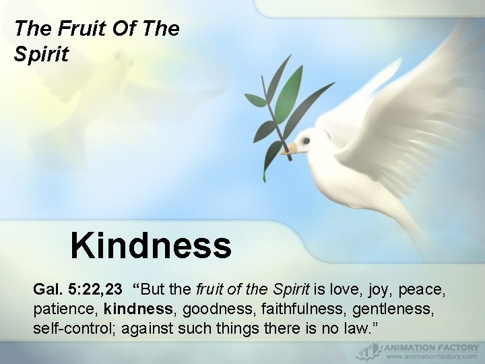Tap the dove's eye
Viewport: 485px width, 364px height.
[306, 142]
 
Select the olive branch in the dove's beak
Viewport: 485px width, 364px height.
[273, 115]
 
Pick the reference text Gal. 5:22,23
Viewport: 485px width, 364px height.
[77, 290]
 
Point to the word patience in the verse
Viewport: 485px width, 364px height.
[64, 309]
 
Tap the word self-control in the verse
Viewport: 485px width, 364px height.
[68, 328]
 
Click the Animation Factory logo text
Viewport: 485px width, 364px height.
[431, 348]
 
